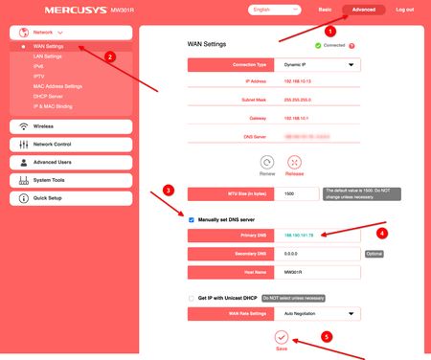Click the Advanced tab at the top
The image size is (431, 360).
(364, 9)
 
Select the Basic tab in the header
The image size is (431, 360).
(325, 9)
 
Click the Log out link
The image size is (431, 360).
(404, 9)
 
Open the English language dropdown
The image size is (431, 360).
(272, 10)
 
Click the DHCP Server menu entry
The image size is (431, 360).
(49, 96)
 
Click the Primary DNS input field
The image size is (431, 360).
(316, 234)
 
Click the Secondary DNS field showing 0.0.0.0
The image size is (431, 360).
(316, 254)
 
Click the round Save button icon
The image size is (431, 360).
(281, 336)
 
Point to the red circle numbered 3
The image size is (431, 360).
(168, 190)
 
